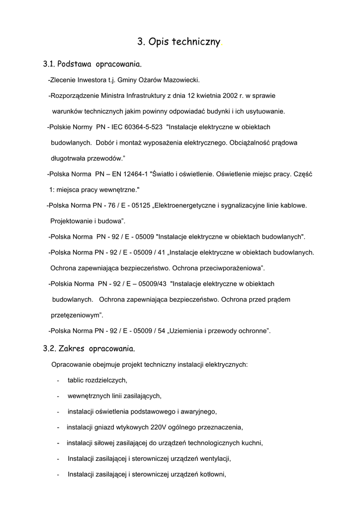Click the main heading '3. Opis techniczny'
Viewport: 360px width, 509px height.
point(179,43)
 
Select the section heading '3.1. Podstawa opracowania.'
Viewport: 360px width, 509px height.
point(92,64)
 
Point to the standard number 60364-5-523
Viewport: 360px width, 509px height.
point(143,127)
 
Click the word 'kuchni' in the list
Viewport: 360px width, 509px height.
point(252,443)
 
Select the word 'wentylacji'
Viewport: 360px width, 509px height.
point(214,458)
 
